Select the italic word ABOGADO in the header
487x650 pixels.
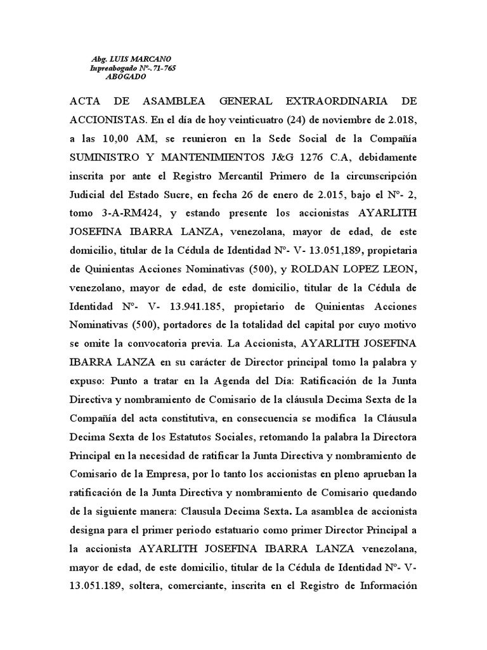[126, 77]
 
